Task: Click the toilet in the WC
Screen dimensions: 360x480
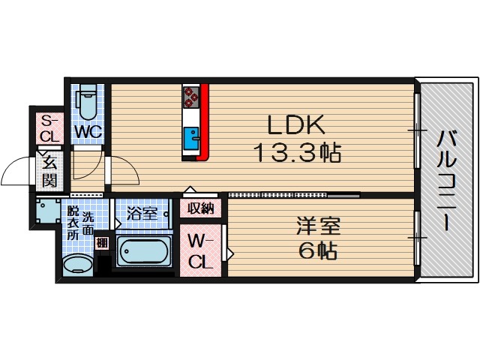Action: pyautogui.click(x=86, y=105)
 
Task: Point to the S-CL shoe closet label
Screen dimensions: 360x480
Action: pyautogui.click(x=49, y=129)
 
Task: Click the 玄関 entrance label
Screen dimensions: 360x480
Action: pyautogui.click(x=49, y=171)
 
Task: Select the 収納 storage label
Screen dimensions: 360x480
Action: pyautogui.click(x=201, y=208)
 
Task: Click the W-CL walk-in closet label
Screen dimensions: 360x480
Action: pyautogui.click(x=201, y=251)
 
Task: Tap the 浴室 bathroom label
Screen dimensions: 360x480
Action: pyautogui.click(x=142, y=213)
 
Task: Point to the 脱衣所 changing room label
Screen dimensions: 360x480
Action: pyautogui.click(x=73, y=223)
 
